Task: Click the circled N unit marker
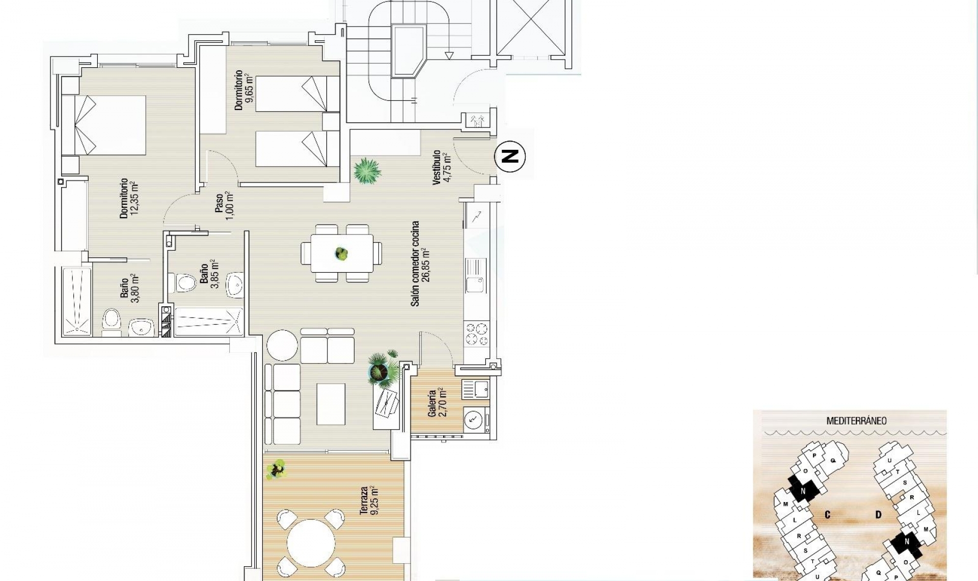pos(510,156)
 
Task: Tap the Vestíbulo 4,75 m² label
pos(441,167)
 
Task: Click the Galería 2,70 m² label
pos(437,403)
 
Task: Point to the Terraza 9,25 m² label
pos(370,500)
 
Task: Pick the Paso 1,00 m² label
pos(224,205)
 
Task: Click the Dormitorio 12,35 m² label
pos(129,199)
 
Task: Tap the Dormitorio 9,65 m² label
pos(243,91)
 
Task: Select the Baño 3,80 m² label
pos(129,288)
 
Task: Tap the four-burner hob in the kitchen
pos(477,334)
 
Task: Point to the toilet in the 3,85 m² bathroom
pos(186,283)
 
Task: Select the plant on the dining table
pos(341,253)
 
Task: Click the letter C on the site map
pos(828,515)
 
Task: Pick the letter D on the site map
pos(878,515)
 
